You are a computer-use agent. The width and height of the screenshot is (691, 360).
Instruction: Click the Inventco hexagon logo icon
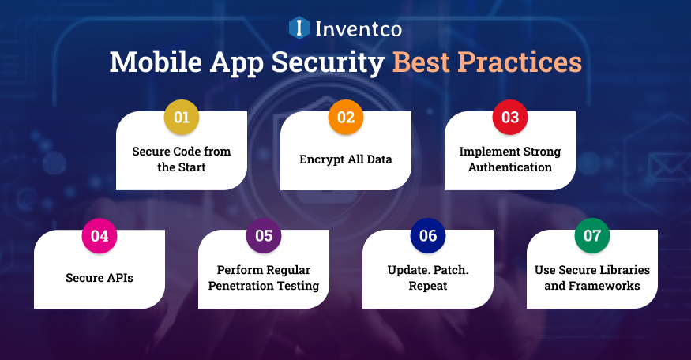(299, 29)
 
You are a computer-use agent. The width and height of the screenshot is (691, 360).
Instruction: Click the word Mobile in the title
(155, 62)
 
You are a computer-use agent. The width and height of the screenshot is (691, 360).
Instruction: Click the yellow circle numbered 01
(182, 118)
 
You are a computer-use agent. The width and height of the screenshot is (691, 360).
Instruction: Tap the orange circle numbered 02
(346, 118)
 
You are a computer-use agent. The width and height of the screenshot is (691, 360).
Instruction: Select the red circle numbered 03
(510, 118)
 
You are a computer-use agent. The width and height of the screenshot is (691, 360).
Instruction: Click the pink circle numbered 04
(100, 236)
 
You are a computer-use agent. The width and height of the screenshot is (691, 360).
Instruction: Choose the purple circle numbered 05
(264, 236)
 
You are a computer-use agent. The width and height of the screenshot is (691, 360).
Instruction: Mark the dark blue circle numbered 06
(428, 236)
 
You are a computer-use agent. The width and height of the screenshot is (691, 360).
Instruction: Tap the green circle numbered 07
(592, 236)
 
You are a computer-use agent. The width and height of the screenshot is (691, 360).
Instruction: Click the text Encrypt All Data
(346, 159)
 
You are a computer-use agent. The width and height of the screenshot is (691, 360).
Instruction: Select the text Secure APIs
(100, 278)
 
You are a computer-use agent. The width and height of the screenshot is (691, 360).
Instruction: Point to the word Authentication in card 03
(510, 167)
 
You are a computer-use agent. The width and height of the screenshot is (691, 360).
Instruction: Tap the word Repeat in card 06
(428, 286)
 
